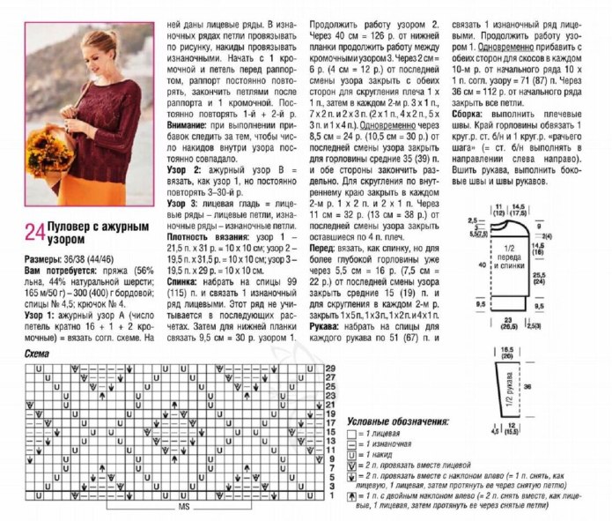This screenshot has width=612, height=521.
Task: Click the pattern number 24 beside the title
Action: coord(33,233)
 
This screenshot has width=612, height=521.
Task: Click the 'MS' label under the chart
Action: coord(184,509)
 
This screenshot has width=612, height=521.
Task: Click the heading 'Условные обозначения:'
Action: coord(398,421)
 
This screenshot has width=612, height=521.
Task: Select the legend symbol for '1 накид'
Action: coord(353,452)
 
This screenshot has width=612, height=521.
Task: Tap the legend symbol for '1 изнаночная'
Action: coord(353,443)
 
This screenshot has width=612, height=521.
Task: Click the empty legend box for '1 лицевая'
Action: coord(353,434)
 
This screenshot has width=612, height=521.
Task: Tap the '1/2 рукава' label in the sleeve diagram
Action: coord(508,383)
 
